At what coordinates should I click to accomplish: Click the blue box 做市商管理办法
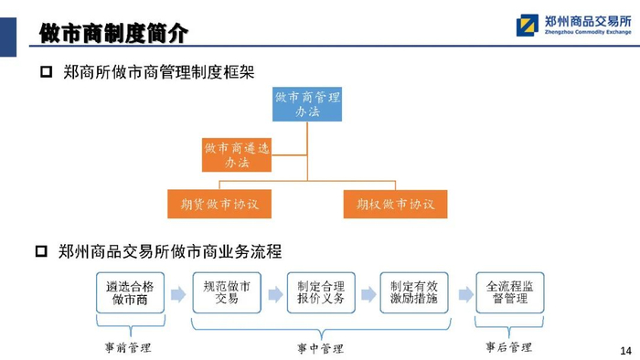(307, 104)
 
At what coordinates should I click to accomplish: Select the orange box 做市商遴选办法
(237, 154)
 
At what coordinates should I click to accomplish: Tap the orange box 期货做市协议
(219, 204)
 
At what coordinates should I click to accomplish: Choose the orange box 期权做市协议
(395, 204)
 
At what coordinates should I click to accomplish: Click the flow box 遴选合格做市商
(130, 292)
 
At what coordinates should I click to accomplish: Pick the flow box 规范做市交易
(227, 292)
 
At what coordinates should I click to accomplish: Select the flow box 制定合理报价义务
(321, 292)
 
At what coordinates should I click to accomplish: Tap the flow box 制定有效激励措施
(414, 292)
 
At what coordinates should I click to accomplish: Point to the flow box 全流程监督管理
(510, 292)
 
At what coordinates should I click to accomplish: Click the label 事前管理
(128, 348)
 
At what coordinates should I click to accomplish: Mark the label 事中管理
(320, 349)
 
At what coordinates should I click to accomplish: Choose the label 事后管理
(508, 347)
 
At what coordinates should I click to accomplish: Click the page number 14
(625, 351)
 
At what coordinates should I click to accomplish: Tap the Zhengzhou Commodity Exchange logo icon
(527, 26)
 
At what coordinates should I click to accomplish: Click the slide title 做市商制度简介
(113, 33)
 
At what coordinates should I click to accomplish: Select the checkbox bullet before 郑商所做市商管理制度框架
(46, 72)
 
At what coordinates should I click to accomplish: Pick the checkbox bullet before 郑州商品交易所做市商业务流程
(42, 250)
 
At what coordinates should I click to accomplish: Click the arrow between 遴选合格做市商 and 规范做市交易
(178, 294)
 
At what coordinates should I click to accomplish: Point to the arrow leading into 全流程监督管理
(465, 294)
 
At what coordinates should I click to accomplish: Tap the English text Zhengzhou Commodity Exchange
(588, 32)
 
